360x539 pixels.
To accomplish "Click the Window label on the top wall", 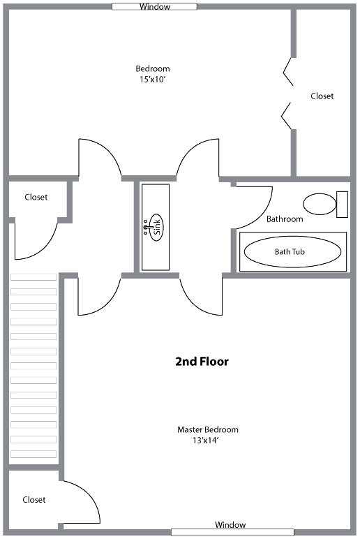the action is coord(155,6).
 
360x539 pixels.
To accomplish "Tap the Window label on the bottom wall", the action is coord(230,524).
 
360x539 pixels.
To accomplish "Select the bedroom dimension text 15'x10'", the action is coord(153,80).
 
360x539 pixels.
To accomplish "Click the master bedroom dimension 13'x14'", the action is coord(205,441).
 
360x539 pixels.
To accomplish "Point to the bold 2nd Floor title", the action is coord(202,361).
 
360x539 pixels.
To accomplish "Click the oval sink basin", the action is coord(157,227).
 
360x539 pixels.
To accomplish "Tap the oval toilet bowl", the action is coord(320,204).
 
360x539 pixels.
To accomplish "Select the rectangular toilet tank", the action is coord(342,204).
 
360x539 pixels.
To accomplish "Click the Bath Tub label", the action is coord(290,251).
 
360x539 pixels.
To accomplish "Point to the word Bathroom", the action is coord(285,219).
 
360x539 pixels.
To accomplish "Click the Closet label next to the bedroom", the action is coord(322,96).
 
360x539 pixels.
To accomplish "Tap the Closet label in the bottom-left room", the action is coord(33,499).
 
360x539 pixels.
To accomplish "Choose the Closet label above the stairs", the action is coord(36,197).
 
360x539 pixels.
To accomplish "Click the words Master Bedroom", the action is coord(207,429).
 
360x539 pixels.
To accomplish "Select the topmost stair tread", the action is coord(33,276).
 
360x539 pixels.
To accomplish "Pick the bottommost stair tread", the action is coord(33,454).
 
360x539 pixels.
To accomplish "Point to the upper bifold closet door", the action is coord(288,71).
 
